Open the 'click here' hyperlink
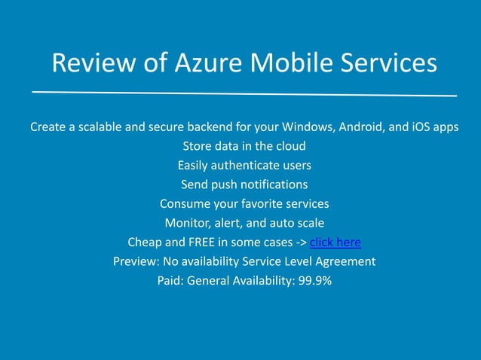click(x=335, y=243)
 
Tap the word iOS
click(x=421, y=127)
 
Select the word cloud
click(x=289, y=146)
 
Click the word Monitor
click(x=188, y=223)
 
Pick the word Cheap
click(x=146, y=243)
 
